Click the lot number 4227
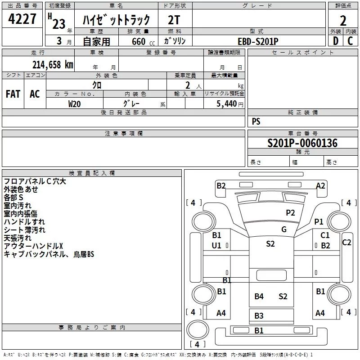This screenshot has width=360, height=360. point(22,19)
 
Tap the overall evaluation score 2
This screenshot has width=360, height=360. point(343,20)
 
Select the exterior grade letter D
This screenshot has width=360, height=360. point(335,40)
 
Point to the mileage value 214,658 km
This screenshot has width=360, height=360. point(53,64)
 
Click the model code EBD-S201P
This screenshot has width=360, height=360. point(258,41)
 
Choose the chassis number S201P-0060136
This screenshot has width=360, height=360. point(302,143)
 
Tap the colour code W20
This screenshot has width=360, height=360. point(75,103)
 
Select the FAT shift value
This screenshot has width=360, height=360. point(13,94)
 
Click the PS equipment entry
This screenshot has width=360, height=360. point(256,121)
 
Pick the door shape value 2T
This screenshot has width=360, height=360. point(174,20)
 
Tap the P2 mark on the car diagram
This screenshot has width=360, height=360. point(290,212)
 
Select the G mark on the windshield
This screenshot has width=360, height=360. point(284,229)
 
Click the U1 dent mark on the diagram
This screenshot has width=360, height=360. point(216,245)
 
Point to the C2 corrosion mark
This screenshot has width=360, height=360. point(346,242)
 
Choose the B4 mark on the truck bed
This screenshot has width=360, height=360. point(259,296)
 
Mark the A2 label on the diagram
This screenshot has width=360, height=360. point(320,185)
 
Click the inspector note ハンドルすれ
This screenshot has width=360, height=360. point(24,222)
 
